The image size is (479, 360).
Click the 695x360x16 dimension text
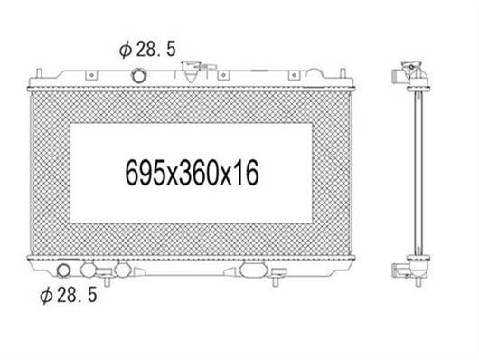(193, 173)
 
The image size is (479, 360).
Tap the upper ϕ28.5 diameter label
(147, 50)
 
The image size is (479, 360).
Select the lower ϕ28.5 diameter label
(69, 295)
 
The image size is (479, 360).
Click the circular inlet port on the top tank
(138, 76)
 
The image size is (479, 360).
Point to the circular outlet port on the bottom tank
(64, 270)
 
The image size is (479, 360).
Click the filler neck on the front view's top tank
(190, 71)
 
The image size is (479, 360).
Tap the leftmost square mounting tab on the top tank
(91, 75)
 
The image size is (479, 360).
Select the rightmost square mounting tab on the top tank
(294, 75)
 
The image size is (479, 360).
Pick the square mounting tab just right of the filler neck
(223, 75)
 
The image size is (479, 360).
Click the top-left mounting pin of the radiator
(39, 73)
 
